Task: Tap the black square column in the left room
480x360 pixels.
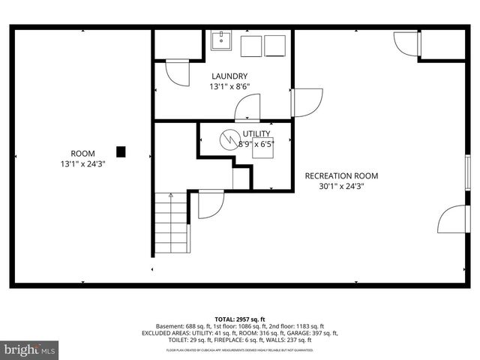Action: point(121,151)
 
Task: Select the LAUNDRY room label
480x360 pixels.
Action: point(229,76)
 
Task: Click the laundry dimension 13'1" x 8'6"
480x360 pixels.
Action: point(229,87)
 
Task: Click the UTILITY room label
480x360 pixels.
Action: point(256,133)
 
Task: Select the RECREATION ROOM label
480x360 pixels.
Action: point(341,176)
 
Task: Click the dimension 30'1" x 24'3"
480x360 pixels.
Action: point(341,187)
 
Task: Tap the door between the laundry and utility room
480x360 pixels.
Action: point(247,108)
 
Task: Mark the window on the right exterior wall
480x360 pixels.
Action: point(467,170)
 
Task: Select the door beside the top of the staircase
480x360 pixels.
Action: point(211,204)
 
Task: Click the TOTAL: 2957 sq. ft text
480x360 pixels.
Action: point(239,319)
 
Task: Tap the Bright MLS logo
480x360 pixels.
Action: point(30,349)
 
